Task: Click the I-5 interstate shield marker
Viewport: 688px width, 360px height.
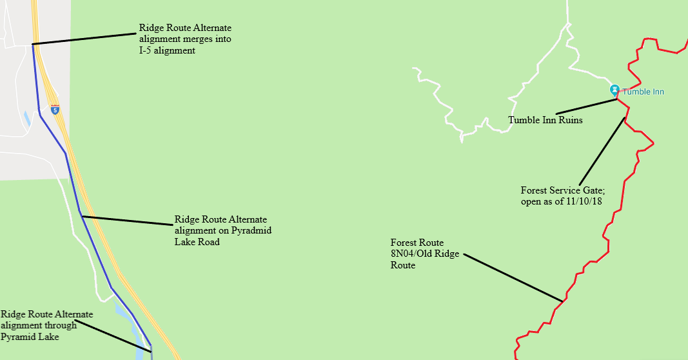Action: click(x=55, y=110)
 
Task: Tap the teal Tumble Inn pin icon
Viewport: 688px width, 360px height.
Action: click(x=614, y=90)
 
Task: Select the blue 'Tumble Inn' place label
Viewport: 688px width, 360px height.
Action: click(x=643, y=92)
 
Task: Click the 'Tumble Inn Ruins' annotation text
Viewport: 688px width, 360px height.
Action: click(x=545, y=120)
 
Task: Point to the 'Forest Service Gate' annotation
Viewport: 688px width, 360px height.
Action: click(x=562, y=190)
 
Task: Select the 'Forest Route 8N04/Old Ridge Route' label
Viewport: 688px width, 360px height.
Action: click(x=424, y=254)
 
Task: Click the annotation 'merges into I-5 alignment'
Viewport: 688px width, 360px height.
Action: click(x=185, y=39)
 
